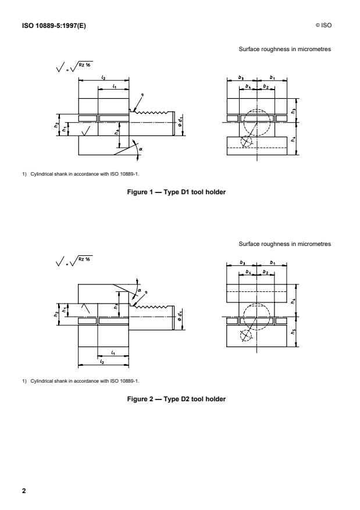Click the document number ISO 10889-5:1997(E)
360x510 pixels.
click(x=47, y=24)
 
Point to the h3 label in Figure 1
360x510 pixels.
click(x=294, y=110)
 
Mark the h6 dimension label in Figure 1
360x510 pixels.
click(x=117, y=133)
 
